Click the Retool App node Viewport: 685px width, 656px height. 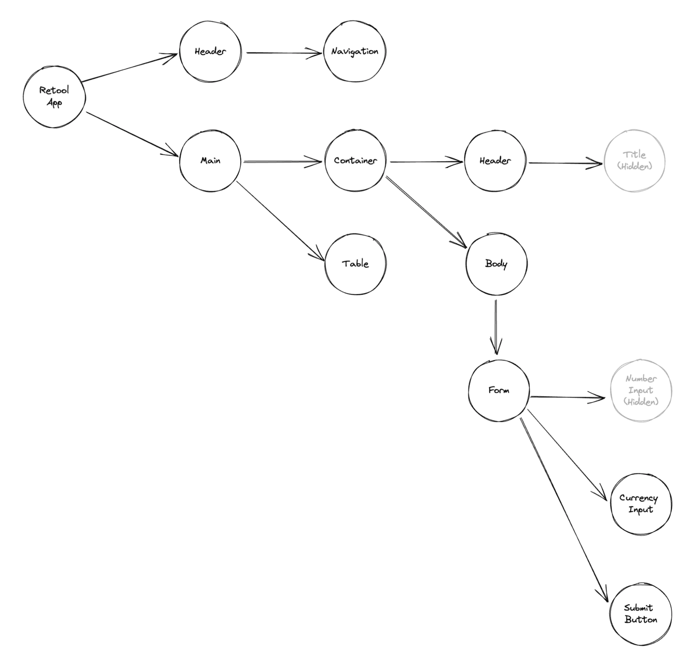click(x=54, y=97)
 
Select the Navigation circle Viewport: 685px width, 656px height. click(x=354, y=51)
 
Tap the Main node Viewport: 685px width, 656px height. click(x=210, y=161)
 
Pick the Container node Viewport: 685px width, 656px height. click(x=355, y=161)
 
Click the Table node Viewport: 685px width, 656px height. click(x=355, y=264)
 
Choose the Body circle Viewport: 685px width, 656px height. click(x=496, y=264)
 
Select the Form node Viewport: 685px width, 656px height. click(x=499, y=390)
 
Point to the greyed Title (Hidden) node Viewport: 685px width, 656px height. click(x=635, y=161)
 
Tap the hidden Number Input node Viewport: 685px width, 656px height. click(x=641, y=390)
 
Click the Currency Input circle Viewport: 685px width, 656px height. click(x=640, y=504)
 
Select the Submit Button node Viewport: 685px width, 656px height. click(x=640, y=614)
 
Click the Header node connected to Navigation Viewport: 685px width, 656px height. click(x=210, y=51)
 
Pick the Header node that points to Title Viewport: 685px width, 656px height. click(x=495, y=161)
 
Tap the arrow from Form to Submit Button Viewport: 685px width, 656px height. click(x=564, y=509)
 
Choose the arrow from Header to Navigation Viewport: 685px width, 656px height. click(x=284, y=52)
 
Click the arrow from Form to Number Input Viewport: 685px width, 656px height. click(x=568, y=397)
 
